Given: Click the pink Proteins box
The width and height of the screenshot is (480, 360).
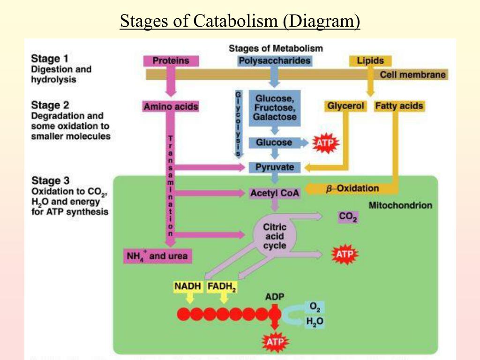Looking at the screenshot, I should (x=171, y=60).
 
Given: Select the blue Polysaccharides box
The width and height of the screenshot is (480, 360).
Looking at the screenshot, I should (x=274, y=60).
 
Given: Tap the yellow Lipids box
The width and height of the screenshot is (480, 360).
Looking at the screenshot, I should (x=370, y=60).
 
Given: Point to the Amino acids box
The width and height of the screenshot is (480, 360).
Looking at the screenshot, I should (x=171, y=107).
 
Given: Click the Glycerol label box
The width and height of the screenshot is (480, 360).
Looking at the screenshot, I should (x=345, y=106).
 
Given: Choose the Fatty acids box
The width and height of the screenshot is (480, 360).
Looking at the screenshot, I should (x=399, y=106).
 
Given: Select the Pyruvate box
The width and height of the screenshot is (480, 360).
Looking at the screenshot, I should (x=275, y=167).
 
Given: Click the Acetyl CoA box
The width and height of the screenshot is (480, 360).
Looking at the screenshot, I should (x=275, y=193).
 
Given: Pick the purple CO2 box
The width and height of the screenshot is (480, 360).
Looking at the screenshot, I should (x=348, y=217).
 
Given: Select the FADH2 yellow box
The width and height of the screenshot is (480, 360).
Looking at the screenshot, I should (x=222, y=286).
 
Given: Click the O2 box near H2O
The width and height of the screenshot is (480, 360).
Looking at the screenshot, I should (x=314, y=307).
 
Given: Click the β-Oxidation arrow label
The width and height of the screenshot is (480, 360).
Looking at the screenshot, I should (x=352, y=188).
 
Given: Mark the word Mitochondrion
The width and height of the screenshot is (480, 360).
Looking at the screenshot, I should (x=400, y=205).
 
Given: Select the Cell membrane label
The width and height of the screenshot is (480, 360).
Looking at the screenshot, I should (x=412, y=75).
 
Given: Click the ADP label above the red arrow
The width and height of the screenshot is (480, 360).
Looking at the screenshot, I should (x=275, y=297).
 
